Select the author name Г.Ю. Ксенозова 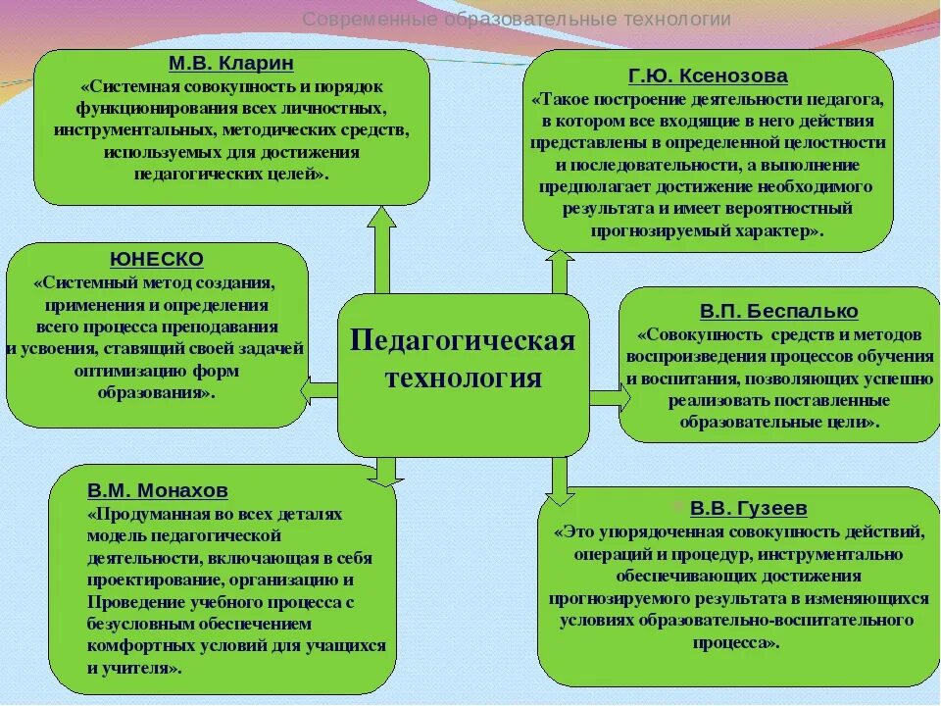point(708,76)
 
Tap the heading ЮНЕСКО point(157,260)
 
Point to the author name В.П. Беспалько point(778,311)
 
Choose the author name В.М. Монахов point(157,489)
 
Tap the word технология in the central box point(463,378)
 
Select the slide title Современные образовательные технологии point(517,20)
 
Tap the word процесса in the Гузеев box point(739,642)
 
